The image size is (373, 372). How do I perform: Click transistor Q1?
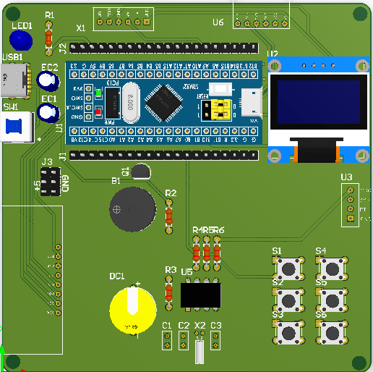click(x=141, y=171)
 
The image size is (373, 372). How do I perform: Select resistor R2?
click(x=170, y=214)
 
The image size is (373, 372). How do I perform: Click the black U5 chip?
click(x=200, y=295)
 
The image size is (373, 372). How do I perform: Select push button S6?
click(x=332, y=332)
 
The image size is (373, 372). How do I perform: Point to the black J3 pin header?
click(x=50, y=182)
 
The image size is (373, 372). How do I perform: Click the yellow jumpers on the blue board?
click(x=218, y=109)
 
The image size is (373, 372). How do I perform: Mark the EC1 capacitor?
click(x=48, y=111)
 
